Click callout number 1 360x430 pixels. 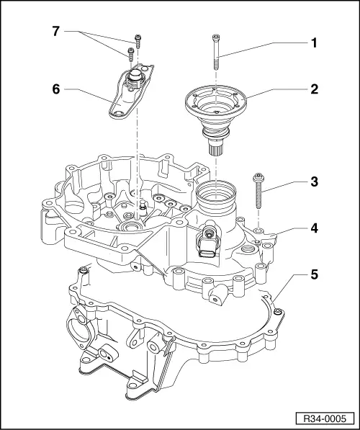313,42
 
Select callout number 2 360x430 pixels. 313,92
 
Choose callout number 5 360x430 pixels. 313,274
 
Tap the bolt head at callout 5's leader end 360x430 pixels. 278,311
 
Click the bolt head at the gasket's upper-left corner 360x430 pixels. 84,270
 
